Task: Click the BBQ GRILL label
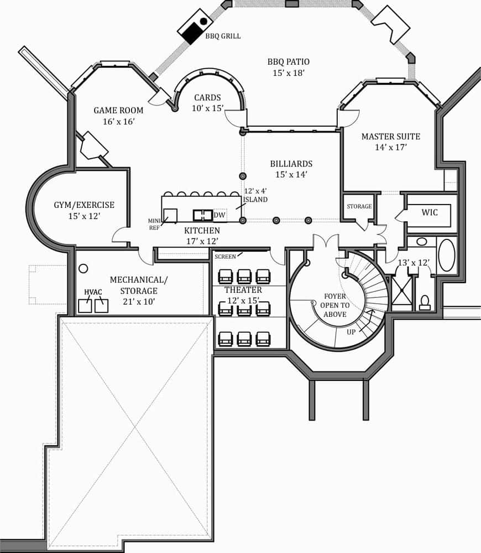[x=223, y=36]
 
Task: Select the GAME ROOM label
[x=118, y=110]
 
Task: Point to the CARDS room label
[x=207, y=98]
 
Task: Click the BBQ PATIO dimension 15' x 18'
[x=288, y=73]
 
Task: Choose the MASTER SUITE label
[x=391, y=136]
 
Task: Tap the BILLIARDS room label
[x=291, y=164]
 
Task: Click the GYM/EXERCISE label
[x=84, y=205]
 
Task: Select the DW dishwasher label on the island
[x=219, y=215]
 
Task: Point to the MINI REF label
[x=154, y=223]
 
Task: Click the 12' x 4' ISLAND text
[x=255, y=195]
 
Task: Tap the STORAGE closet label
[x=359, y=207]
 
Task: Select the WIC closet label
[x=430, y=212]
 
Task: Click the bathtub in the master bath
[x=446, y=255]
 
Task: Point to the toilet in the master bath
[x=425, y=302]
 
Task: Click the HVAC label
[x=93, y=292]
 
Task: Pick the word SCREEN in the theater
[x=225, y=257]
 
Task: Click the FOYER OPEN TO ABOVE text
[x=335, y=305]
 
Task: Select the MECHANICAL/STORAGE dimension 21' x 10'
[x=138, y=301]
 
